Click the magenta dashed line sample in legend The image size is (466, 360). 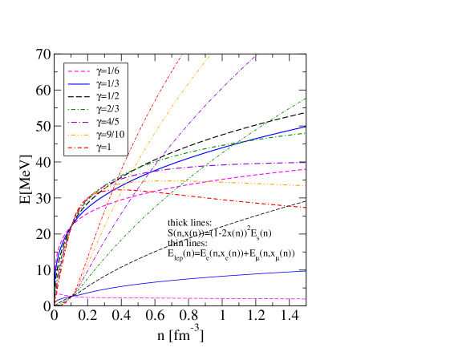79,70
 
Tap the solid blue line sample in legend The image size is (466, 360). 79,83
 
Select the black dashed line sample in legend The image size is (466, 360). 79,95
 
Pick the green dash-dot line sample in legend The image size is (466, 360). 79,109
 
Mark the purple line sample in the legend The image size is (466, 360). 79,122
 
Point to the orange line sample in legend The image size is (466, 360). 79,135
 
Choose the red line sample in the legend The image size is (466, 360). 79,148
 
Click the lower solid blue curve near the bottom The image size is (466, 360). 241,275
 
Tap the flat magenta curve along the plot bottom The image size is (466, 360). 241,298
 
